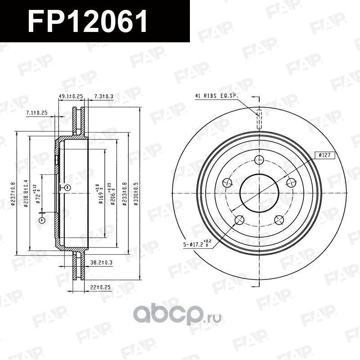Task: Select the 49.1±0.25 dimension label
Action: pyautogui.click(x=71, y=96)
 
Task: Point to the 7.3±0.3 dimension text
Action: pyautogui.click(x=103, y=96)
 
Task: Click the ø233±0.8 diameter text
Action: pyautogui.click(x=125, y=193)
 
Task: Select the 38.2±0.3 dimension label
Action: pyautogui.click(x=101, y=261)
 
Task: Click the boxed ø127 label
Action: pyautogui.click(x=324, y=155)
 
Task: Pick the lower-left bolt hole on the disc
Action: pyautogui.click(x=239, y=220)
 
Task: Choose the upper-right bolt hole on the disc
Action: pyautogui.click(x=291, y=182)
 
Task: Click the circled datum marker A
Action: pyautogui.click(x=42, y=220)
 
